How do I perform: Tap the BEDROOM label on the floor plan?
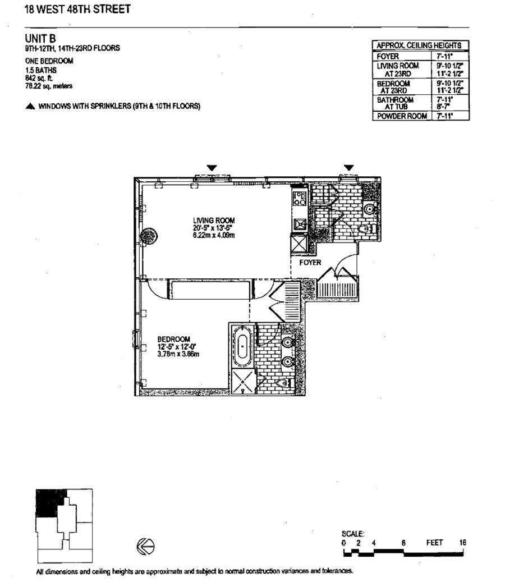[x=173, y=339]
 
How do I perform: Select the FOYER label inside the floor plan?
[x=310, y=262]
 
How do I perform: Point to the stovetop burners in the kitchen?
[x=299, y=199]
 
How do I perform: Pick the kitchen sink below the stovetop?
[x=299, y=223]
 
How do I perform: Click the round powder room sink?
[x=369, y=209]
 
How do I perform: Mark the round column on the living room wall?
[x=148, y=235]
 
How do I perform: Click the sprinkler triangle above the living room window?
[x=212, y=167]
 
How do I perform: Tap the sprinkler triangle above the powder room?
[x=349, y=167]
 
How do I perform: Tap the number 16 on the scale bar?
[x=462, y=543]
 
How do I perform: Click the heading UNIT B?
[x=38, y=39]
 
